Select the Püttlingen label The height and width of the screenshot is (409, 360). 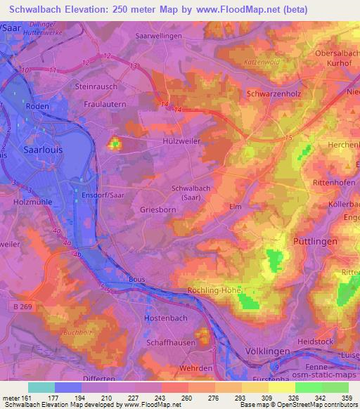tap(314, 240)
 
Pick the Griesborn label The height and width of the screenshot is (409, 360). tap(160, 209)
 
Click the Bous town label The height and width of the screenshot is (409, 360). tap(137, 279)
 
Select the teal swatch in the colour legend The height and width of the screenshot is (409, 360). tap(41, 387)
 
